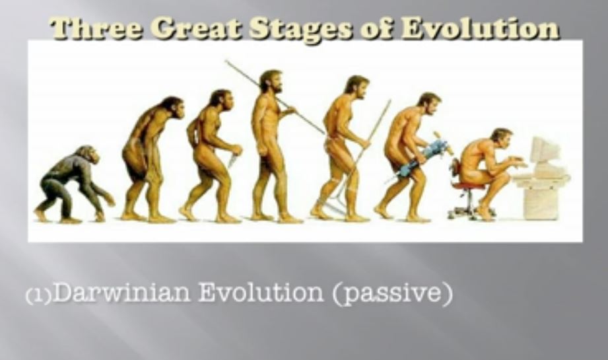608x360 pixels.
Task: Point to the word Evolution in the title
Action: [480, 28]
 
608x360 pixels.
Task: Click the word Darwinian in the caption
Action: [121, 292]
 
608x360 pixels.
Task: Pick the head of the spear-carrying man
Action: [271, 81]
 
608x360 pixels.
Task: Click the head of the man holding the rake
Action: [356, 87]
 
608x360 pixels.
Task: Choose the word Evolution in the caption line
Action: [260, 292]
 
